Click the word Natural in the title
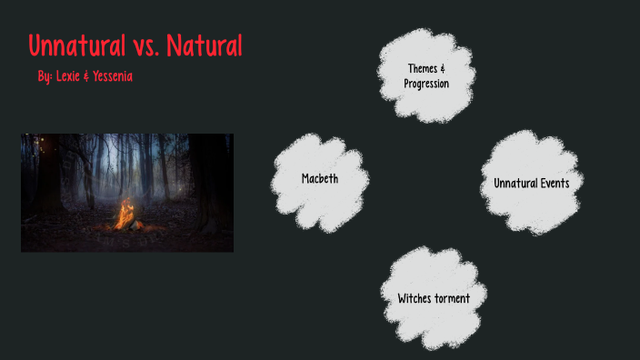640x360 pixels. point(205,45)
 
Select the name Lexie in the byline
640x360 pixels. point(69,76)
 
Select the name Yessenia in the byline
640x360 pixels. point(114,76)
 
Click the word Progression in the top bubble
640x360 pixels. point(426,84)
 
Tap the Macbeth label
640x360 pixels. point(320,179)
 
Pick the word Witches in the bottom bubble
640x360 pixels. point(417,298)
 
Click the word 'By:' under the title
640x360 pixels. point(45,76)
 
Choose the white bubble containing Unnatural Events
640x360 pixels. point(532,182)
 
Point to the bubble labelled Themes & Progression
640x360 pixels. point(426,75)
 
